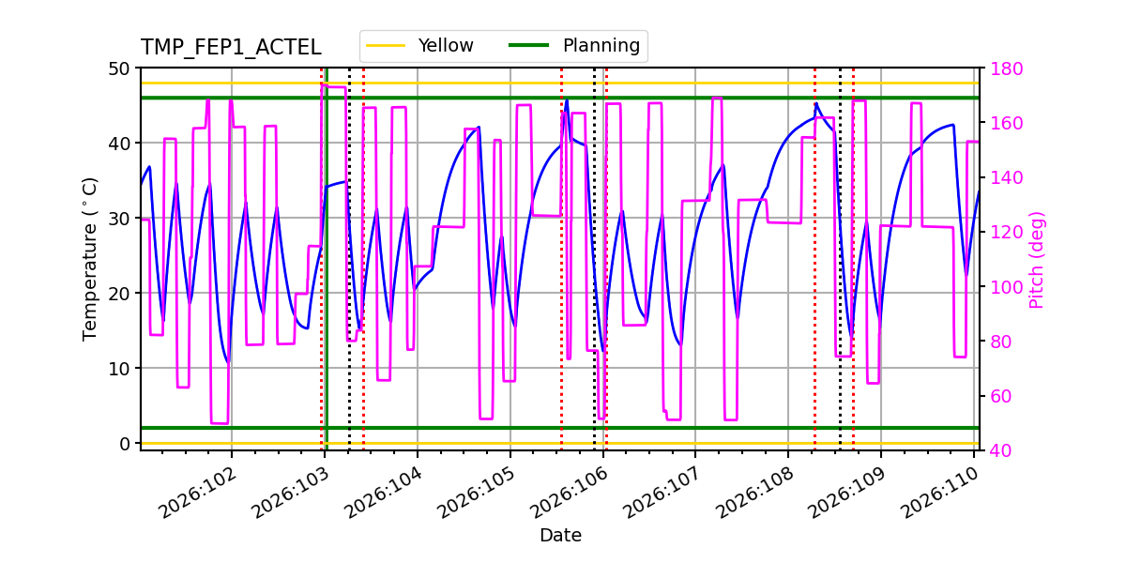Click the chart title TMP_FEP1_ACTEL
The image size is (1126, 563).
(231, 48)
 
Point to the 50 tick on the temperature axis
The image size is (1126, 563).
(121, 68)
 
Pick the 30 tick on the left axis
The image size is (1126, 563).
(121, 219)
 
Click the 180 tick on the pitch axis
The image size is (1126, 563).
(1004, 68)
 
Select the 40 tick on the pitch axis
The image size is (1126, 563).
(999, 450)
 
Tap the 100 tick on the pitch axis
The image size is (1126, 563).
(1004, 287)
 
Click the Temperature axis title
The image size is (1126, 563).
(90, 257)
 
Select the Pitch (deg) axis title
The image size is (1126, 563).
(1037, 259)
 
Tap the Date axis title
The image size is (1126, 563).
(560, 536)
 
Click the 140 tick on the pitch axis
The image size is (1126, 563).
(1004, 178)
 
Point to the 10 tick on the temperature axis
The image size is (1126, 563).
(121, 368)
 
